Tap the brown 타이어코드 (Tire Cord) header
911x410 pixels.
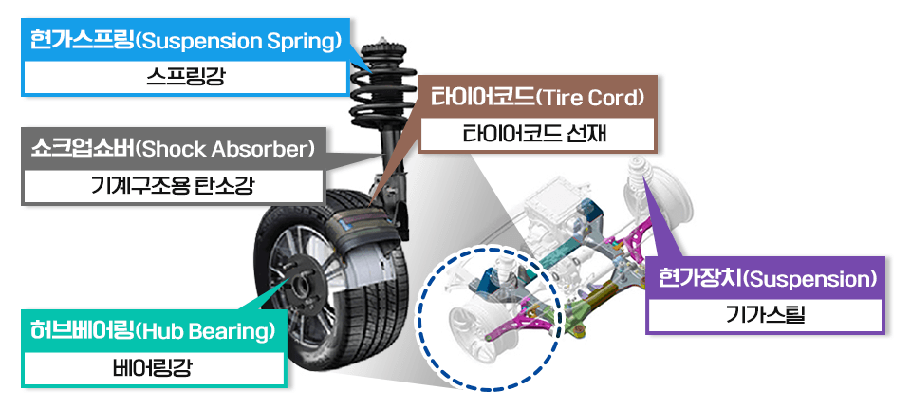pyautogui.click(x=537, y=98)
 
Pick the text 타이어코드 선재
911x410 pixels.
pyautogui.click(x=537, y=135)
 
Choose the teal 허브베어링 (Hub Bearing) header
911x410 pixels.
pyautogui.click(x=152, y=332)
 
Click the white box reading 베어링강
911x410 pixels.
pyautogui.click(x=152, y=368)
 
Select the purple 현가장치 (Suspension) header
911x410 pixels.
pyautogui.click(x=765, y=279)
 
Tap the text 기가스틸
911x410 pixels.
pyautogui.click(x=765, y=315)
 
